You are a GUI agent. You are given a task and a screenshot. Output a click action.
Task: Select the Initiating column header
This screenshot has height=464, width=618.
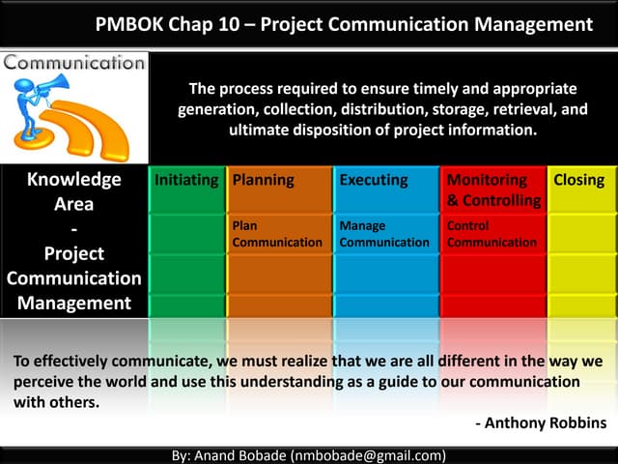185,180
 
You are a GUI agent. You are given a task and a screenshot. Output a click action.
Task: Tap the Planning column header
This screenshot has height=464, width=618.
264,180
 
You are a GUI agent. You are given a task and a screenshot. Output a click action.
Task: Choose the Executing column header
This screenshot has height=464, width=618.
373,180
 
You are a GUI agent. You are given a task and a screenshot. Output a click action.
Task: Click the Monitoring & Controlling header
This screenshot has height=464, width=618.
492,189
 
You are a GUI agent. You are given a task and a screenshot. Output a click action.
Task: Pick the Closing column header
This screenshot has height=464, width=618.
578,180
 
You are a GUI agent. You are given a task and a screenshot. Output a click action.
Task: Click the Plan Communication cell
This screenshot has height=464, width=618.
277,234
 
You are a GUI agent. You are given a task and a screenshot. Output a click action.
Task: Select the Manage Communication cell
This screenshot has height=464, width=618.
383,234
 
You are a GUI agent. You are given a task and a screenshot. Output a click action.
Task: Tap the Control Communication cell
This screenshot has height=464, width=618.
492,234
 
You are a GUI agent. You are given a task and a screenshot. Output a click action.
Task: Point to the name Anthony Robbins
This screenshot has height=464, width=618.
546,422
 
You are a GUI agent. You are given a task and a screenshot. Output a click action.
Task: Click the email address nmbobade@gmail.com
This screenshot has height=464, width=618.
374,454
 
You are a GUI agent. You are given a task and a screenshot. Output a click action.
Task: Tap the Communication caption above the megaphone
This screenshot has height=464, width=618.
74,63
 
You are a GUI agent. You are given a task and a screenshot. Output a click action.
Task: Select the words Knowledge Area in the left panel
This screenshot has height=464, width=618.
73,191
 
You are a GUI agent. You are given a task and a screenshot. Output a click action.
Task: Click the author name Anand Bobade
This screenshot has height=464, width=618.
241,454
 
